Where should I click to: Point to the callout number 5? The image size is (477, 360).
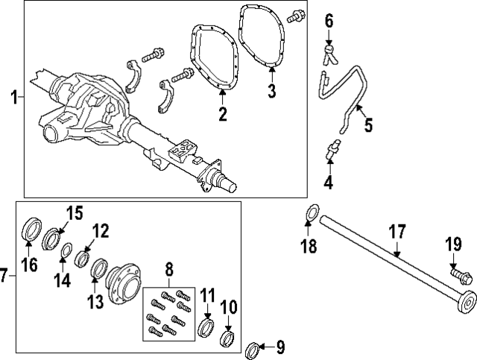coord(368,124)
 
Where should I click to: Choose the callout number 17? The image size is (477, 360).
coord(397,232)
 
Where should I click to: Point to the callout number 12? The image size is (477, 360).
coord(101,230)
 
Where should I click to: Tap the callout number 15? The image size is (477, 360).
coord(75,213)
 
